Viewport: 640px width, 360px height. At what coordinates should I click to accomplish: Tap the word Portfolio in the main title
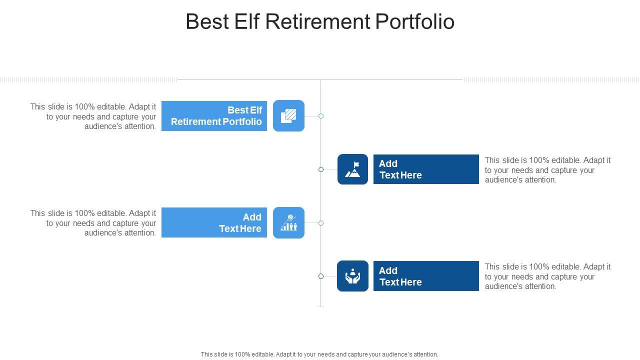[x=414, y=21]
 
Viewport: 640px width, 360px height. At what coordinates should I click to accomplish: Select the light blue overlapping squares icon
[x=288, y=115]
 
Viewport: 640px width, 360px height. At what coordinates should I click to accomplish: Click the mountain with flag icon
[x=352, y=169]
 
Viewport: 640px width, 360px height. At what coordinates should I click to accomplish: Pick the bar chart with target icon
[x=288, y=222]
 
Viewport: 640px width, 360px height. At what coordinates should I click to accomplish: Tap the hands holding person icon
[x=352, y=276]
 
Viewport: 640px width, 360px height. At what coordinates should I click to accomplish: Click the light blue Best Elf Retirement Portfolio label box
[x=214, y=115]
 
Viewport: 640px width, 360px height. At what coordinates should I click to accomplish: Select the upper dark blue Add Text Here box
[x=426, y=169]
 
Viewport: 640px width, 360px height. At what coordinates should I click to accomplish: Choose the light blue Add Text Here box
[x=214, y=222]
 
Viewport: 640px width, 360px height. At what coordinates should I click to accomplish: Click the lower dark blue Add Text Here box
[x=426, y=276]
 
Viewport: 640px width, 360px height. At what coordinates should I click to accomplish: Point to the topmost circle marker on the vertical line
[x=321, y=116]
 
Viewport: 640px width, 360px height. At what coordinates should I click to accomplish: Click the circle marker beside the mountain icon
[x=321, y=169]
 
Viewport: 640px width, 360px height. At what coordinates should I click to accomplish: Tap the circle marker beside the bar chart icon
[x=321, y=223]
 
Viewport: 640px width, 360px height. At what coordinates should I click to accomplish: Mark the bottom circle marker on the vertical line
[x=321, y=276]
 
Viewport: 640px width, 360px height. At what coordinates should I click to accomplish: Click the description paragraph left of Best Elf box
[x=93, y=116]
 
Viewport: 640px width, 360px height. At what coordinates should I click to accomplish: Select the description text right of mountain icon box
[x=547, y=170]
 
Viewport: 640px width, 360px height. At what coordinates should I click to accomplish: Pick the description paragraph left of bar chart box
[x=93, y=223]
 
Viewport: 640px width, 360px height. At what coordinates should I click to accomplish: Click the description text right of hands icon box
[x=547, y=276]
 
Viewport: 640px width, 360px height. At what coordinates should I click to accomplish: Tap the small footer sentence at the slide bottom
[x=319, y=354]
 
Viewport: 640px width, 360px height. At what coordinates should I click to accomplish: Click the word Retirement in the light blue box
[x=195, y=121]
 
